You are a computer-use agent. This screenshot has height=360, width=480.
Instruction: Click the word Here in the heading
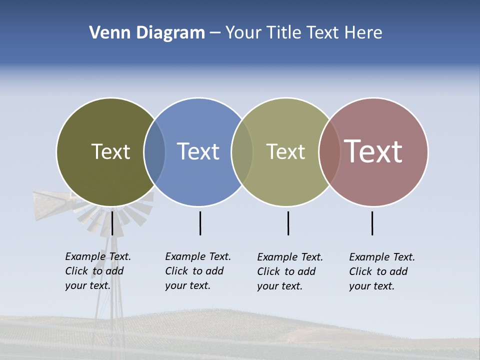click(x=363, y=33)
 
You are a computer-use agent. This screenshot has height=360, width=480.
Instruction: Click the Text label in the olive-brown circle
click(x=110, y=151)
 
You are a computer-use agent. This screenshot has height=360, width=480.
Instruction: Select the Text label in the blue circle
click(x=198, y=151)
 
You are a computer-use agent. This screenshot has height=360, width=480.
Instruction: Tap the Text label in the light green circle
click(x=285, y=151)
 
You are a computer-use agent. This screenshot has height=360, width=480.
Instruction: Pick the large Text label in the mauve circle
click(x=373, y=151)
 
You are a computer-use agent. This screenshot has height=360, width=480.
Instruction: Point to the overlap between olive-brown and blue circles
click(x=154, y=151)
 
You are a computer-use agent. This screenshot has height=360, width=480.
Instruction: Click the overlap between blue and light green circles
click(x=242, y=151)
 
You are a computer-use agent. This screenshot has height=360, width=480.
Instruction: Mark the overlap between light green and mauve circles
click(x=329, y=151)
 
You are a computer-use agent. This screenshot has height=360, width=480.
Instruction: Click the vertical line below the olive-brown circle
click(x=112, y=223)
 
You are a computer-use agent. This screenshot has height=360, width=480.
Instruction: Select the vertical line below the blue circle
click(x=200, y=223)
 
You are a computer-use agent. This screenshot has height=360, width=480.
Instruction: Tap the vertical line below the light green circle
click(x=288, y=223)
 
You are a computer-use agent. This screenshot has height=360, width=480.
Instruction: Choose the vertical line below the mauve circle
click(x=372, y=223)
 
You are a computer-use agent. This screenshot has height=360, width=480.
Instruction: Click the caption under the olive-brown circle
click(x=97, y=271)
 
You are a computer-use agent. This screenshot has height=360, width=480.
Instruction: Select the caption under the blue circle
click(x=197, y=271)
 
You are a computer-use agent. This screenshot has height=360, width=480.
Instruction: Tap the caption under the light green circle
click(x=289, y=271)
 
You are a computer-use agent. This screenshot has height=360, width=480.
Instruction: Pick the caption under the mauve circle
click(x=381, y=271)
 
